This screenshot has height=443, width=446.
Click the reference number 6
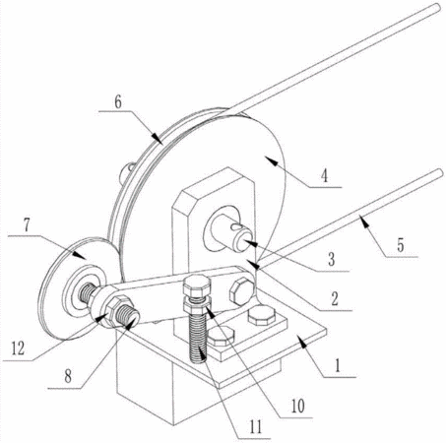click(x=118, y=102)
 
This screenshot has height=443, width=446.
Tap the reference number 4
click(x=324, y=176)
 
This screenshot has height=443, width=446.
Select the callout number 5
click(x=400, y=246)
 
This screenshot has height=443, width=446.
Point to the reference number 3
click(x=332, y=260)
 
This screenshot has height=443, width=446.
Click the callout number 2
click(x=334, y=299)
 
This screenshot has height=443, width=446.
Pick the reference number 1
click(x=338, y=365)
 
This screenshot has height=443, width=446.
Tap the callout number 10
click(x=298, y=407)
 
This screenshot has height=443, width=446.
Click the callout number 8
click(x=68, y=376)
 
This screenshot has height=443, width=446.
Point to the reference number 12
click(x=18, y=348)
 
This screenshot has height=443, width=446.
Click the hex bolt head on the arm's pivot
click(x=241, y=290)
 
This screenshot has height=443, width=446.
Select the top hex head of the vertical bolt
click(x=195, y=285)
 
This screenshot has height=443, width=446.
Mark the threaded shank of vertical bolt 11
click(x=198, y=336)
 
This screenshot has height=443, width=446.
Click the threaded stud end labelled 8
click(x=128, y=316)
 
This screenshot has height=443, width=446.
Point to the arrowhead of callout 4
click(x=271, y=160)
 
